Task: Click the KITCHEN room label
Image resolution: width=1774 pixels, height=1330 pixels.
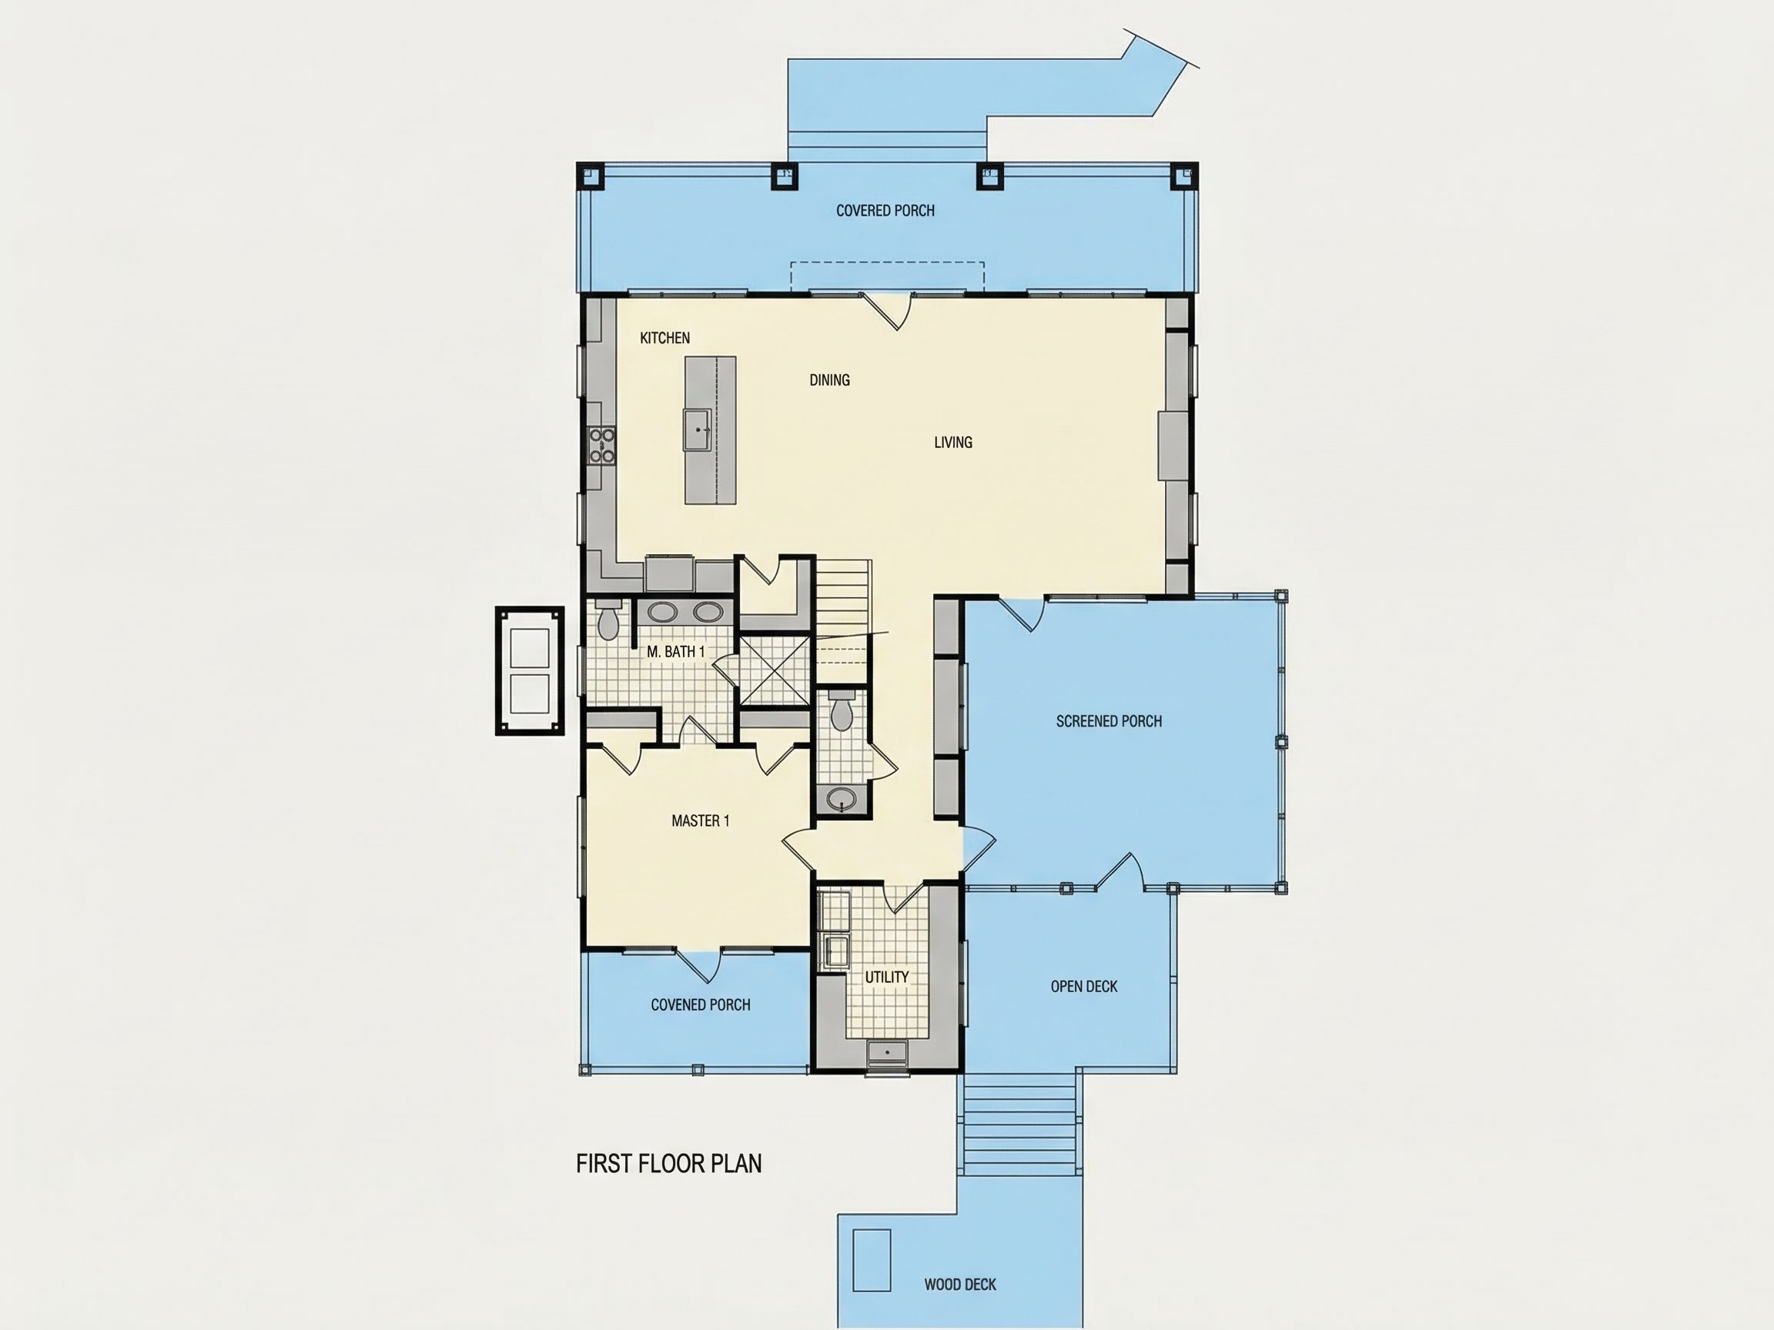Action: (664, 339)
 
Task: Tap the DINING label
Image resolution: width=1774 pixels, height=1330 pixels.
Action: (829, 380)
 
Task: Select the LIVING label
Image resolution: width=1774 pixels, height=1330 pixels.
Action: (952, 443)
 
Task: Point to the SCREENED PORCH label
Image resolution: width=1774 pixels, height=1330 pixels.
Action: (1108, 721)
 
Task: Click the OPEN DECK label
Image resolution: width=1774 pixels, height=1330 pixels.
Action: (1083, 987)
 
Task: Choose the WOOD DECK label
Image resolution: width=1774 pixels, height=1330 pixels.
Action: (960, 1285)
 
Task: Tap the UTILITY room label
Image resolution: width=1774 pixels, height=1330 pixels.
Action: (886, 977)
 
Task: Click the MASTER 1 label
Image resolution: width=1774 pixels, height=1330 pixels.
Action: (700, 821)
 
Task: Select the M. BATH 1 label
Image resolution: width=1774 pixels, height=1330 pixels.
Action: (675, 652)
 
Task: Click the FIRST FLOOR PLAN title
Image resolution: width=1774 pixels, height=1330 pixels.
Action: (669, 1164)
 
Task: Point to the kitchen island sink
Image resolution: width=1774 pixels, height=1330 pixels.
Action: (698, 429)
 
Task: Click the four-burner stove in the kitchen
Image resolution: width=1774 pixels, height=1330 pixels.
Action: (602, 446)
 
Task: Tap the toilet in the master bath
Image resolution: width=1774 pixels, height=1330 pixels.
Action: (609, 620)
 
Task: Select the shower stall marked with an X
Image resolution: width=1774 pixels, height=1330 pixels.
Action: (774, 670)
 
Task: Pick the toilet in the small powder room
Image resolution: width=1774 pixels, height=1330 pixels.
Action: (841, 712)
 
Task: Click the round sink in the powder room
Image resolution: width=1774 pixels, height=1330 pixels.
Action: (842, 798)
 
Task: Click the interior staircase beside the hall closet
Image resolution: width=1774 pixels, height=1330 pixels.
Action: (843, 621)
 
